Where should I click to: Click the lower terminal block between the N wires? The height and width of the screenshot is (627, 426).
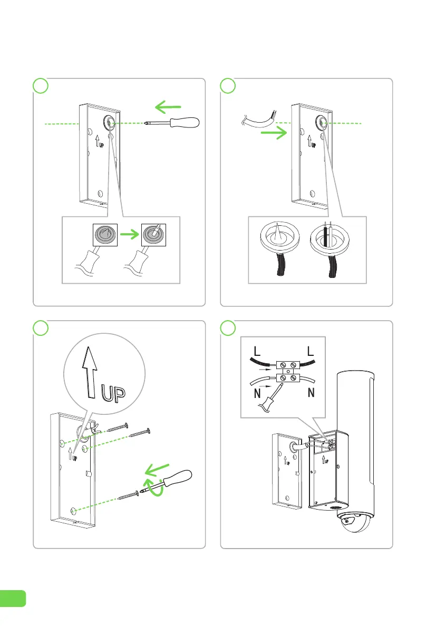pos(288,377)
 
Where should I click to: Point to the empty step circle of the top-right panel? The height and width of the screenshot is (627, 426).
pos(228,86)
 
